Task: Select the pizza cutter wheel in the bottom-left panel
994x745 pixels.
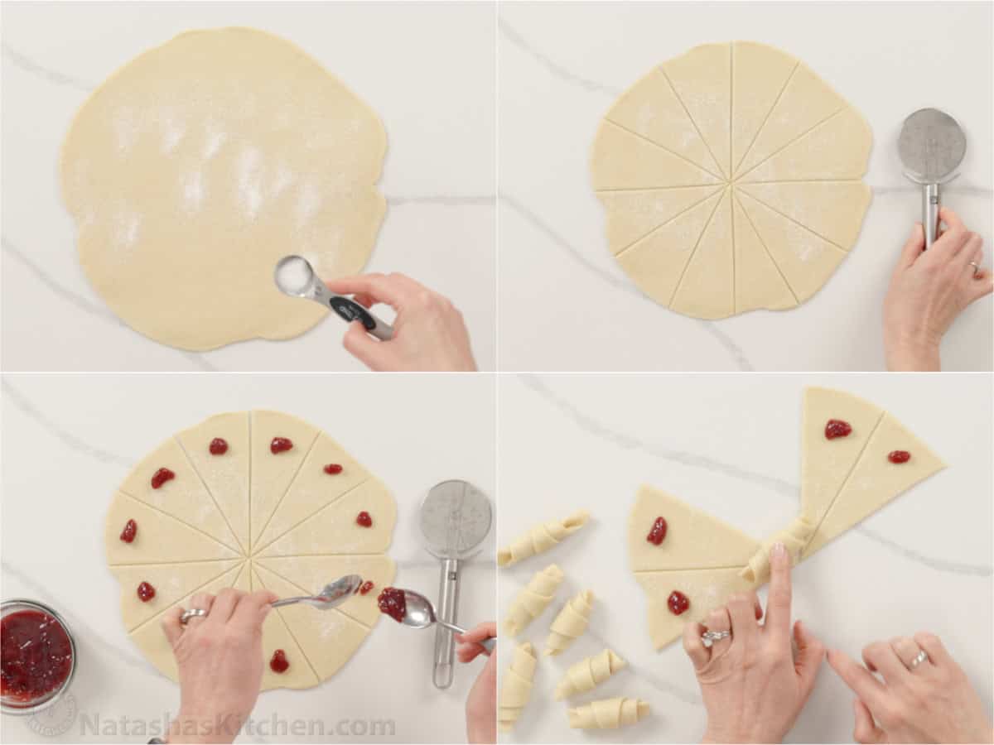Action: (x=455, y=519)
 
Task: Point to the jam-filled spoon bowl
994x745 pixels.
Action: (x=393, y=603)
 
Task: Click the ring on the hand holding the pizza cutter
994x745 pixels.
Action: (x=974, y=267)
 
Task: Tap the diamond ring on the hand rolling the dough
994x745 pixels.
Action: (x=715, y=637)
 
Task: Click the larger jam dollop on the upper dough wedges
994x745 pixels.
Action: (x=837, y=429)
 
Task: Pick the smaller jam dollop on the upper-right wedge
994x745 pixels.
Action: (x=899, y=457)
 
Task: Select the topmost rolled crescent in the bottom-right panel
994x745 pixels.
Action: (x=543, y=536)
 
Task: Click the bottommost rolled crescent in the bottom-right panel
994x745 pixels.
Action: (x=609, y=713)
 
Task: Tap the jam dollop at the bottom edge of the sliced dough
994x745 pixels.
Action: (x=279, y=661)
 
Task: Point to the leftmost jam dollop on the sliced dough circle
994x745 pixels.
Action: (x=128, y=531)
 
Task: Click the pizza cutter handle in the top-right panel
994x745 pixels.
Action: (x=931, y=214)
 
